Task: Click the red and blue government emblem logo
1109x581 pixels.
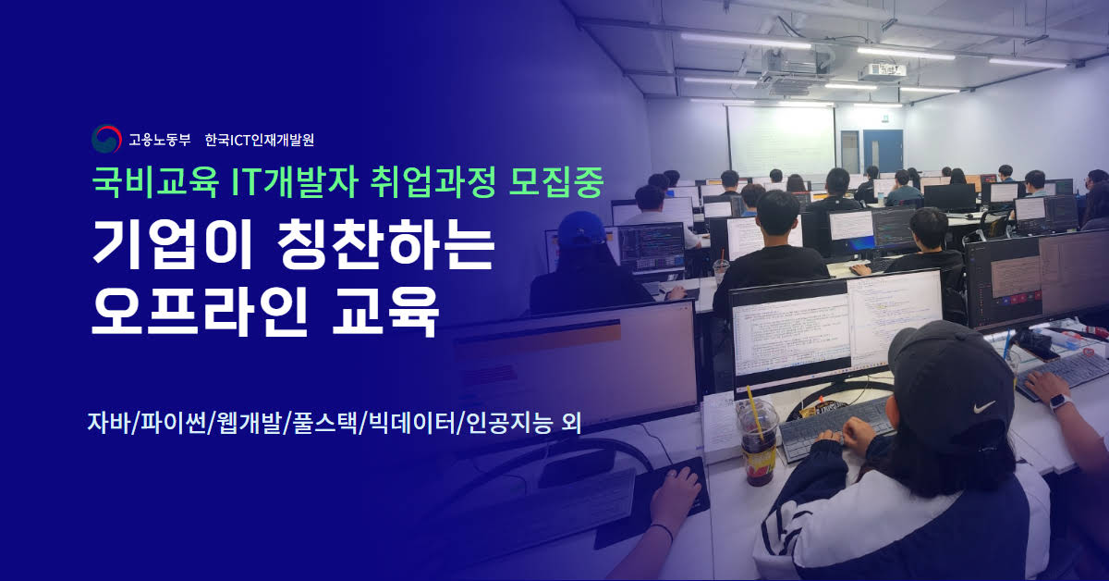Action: point(106,139)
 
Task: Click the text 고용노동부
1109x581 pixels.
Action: point(159,140)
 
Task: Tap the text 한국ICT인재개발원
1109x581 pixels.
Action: point(260,140)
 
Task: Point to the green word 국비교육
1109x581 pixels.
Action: point(155,182)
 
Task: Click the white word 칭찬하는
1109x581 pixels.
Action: point(385,244)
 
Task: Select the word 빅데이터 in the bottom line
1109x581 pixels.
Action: point(412,423)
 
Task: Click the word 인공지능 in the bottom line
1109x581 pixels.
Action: point(509,423)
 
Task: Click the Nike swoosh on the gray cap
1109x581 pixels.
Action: point(983,407)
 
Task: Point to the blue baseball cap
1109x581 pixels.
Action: point(581,229)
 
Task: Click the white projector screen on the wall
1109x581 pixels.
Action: point(780,141)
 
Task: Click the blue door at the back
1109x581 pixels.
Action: point(883,152)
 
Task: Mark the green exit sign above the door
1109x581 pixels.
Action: point(884,118)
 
